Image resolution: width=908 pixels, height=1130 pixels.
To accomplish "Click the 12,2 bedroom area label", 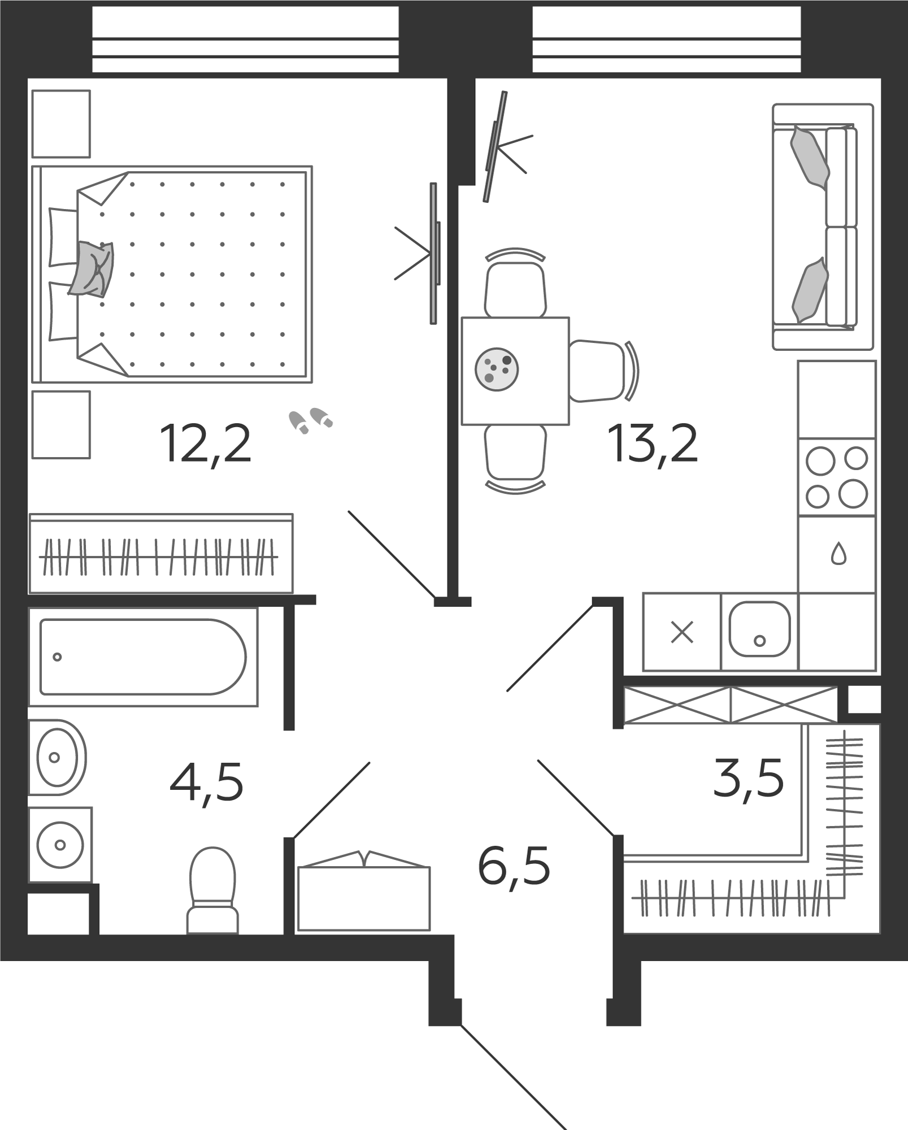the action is click(x=206, y=445).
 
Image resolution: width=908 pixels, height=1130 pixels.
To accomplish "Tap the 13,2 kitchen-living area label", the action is click(x=653, y=445).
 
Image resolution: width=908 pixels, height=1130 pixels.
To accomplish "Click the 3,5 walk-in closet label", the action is click(x=749, y=777).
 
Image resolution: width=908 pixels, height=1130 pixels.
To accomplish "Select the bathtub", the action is click(x=143, y=657).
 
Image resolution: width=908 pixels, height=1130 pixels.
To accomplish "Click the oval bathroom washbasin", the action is click(x=57, y=757).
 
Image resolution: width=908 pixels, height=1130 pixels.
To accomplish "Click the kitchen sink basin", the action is click(x=759, y=629).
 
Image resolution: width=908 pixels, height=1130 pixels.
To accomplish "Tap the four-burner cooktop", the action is click(x=837, y=477).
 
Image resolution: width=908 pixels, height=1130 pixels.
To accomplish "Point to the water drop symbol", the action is click(x=839, y=554).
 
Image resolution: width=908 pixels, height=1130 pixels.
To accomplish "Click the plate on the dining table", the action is click(x=497, y=368).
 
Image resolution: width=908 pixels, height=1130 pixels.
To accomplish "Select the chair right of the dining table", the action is click(x=603, y=371).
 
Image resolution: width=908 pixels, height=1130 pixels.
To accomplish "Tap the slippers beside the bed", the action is click(x=311, y=420).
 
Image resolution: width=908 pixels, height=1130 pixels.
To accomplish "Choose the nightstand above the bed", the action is click(x=61, y=124).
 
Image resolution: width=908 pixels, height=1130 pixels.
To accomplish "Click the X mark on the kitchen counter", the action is click(x=682, y=632).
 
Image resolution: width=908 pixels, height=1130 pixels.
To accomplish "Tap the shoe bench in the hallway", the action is click(x=364, y=898).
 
